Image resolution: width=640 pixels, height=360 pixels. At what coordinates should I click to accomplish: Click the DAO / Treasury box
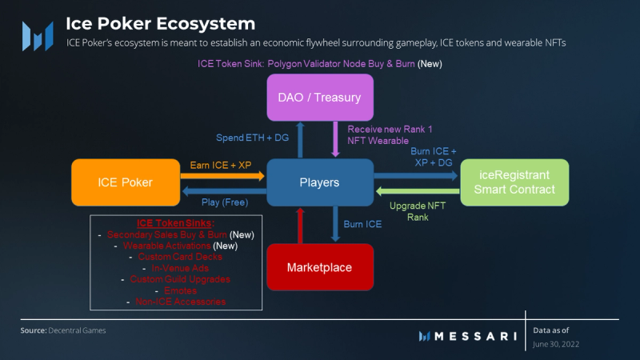[320, 98]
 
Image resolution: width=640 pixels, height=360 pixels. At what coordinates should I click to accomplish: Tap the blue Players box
[320, 182]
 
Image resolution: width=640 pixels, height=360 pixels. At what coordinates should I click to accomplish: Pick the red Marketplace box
[320, 266]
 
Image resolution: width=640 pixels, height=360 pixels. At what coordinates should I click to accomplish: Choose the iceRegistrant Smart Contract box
[514, 182]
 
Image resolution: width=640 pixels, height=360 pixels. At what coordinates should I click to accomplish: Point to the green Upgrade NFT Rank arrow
[416, 190]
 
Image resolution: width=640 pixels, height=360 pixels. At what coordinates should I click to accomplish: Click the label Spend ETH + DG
[256, 138]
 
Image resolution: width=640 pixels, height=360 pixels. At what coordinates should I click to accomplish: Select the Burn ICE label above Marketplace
[362, 224]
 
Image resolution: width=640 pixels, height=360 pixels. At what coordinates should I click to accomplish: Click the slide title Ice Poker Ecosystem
[160, 24]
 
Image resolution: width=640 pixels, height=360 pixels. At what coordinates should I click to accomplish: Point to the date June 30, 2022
[556, 343]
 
